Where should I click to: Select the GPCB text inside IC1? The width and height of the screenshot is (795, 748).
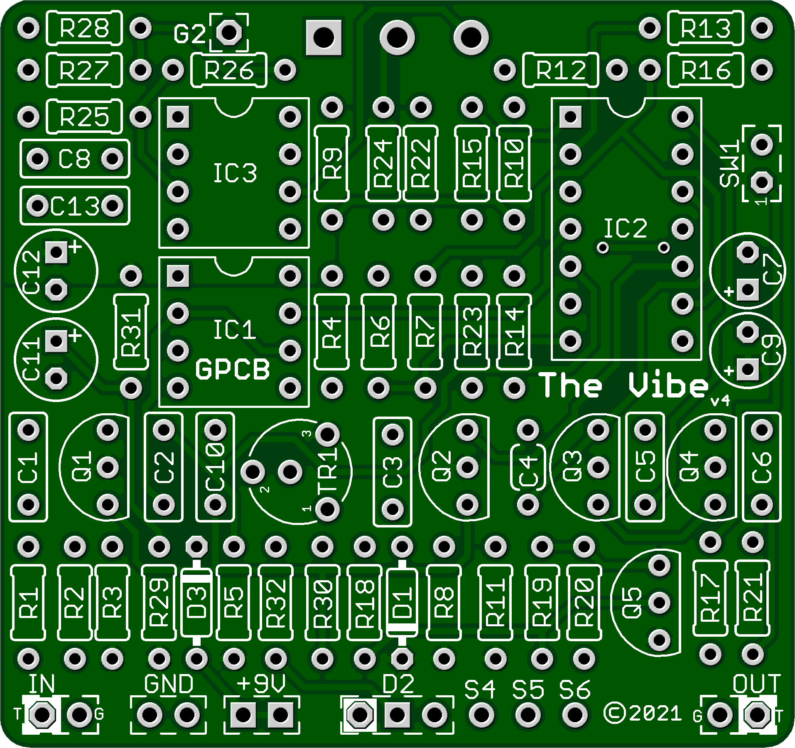click(232, 370)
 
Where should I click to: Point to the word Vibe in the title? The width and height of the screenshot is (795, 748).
click(667, 385)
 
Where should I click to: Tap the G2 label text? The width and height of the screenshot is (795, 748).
click(189, 34)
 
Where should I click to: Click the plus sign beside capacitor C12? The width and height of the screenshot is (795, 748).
click(75, 248)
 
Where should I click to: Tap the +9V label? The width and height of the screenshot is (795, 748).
click(261, 684)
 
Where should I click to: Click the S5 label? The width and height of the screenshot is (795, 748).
click(528, 690)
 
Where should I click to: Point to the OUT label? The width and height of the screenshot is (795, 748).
click(756, 684)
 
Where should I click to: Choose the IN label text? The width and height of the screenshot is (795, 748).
click(42, 684)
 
